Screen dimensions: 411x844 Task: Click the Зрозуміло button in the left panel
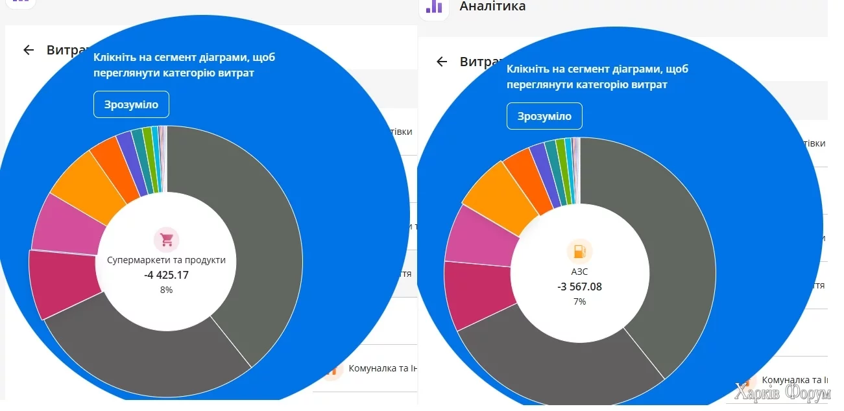click(131, 104)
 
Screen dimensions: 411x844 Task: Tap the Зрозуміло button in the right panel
click(544, 116)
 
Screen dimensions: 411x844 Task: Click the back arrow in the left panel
click(29, 50)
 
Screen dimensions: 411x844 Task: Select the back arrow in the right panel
click(442, 62)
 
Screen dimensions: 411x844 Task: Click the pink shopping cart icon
click(167, 240)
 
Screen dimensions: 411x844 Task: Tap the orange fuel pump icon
click(579, 252)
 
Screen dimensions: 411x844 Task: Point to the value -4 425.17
click(166, 275)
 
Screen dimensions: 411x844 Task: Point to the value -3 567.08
click(579, 287)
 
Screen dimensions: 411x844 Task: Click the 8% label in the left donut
click(166, 290)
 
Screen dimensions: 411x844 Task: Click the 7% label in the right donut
click(579, 301)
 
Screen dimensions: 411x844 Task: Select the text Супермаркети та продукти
click(166, 260)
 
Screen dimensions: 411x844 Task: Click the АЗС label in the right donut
click(579, 272)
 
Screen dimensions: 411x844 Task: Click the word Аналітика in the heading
click(492, 6)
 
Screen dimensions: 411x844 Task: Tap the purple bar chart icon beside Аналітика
click(433, 7)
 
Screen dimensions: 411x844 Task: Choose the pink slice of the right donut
click(477, 236)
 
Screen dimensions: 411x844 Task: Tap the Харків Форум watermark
click(788, 392)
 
